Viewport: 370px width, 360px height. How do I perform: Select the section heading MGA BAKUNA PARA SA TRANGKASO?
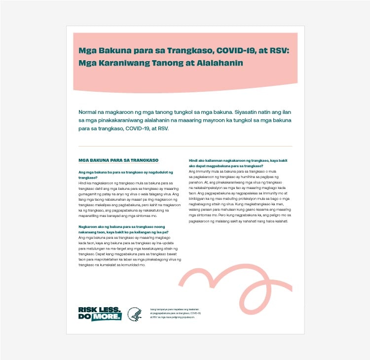(118, 161)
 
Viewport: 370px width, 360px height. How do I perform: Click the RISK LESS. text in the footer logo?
(99, 310)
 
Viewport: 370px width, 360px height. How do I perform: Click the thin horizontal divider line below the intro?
(185, 146)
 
